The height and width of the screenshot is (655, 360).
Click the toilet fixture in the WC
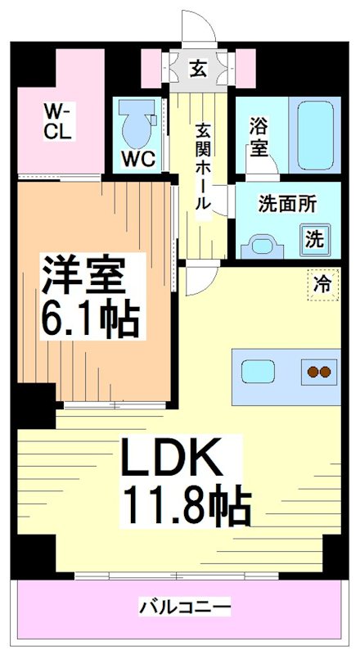(x=133, y=123)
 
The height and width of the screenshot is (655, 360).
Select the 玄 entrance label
(x=199, y=69)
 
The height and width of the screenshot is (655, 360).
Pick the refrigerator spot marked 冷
(x=322, y=285)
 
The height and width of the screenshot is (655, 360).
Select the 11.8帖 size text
(x=187, y=507)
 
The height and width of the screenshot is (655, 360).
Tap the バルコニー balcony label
(x=184, y=608)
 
